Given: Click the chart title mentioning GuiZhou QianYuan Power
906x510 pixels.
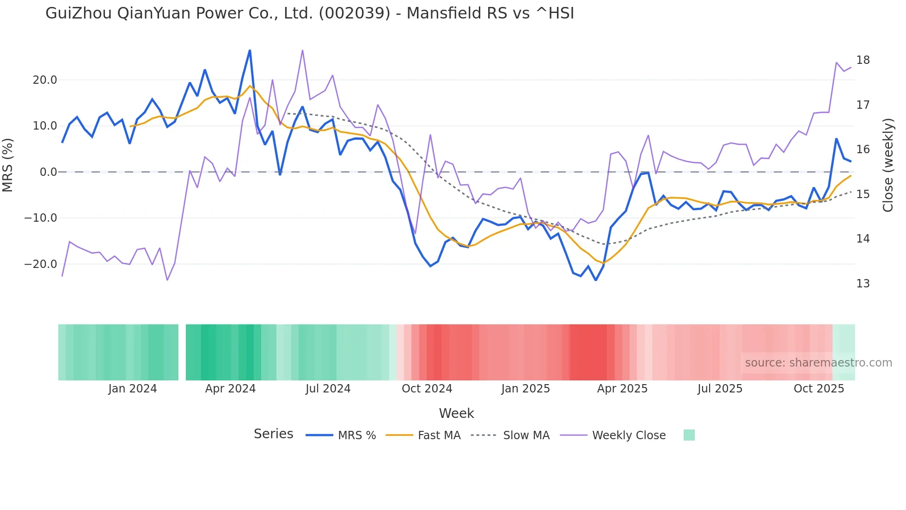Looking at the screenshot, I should pos(310,13).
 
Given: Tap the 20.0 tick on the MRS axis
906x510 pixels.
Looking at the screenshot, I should pos(45,80).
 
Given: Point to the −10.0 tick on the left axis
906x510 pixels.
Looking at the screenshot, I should pos(41,218).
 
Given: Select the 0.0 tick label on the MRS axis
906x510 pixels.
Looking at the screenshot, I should pos(49,172).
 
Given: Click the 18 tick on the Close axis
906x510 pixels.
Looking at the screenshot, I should pos(863,60).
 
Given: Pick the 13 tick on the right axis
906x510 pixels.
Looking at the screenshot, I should pos(863,284).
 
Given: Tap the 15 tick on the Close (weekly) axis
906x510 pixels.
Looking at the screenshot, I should pos(863,194).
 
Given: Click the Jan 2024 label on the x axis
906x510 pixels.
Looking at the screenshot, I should pos(133,389).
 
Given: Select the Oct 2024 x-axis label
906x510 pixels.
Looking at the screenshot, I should pos(427,389).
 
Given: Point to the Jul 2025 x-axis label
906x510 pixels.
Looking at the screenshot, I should pos(720,389).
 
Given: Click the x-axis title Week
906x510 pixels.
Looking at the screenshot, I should pos(456,413).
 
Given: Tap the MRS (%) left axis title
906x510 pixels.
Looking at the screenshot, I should pos(7,165).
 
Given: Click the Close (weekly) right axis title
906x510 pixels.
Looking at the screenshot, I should pos(888,165).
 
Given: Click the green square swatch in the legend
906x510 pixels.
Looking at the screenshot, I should pos(689,435).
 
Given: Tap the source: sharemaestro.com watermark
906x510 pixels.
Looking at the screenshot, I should pos(818,363).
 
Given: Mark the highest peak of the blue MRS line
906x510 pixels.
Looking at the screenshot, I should pos(250,50).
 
